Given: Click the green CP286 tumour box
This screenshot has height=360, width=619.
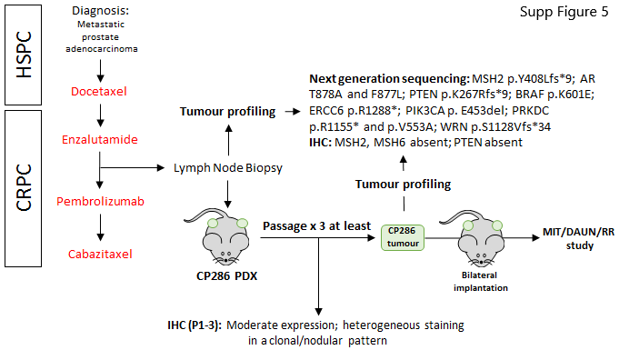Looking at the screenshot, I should [404, 238].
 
